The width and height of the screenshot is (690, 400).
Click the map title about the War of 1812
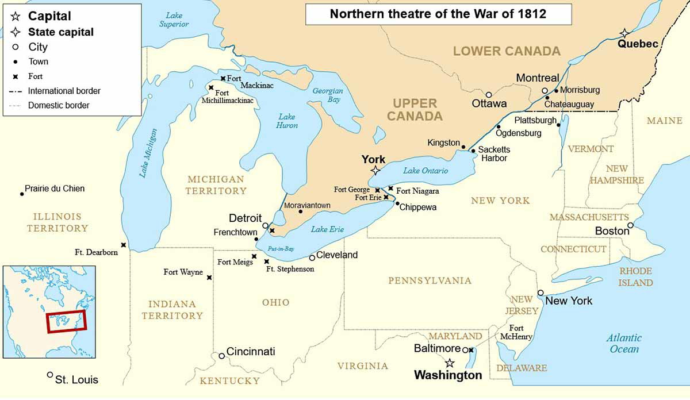[x=438, y=14]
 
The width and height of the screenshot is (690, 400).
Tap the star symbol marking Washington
[x=450, y=363]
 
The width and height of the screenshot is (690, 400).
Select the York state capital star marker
[x=375, y=170]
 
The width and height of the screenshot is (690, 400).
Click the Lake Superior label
[x=174, y=20]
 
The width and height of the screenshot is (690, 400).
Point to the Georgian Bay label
[x=327, y=95]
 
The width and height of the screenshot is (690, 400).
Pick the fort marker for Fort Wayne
[x=209, y=278]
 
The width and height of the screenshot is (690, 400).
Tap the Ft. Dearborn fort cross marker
[x=124, y=245]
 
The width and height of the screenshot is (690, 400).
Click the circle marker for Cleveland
[x=312, y=257]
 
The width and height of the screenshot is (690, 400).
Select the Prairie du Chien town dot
[x=22, y=194]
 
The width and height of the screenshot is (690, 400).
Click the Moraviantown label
[x=308, y=205]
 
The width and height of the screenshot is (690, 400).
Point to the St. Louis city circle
[x=50, y=375]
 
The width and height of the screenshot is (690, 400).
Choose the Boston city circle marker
[x=630, y=225]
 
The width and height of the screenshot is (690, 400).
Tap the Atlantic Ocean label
[x=624, y=343]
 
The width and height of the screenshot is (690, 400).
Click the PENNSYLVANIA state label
[x=430, y=280]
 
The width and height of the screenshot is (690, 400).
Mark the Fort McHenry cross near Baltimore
[x=471, y=349]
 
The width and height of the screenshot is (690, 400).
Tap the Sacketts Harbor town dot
[x=473, y=151]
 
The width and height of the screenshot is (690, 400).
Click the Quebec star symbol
[x=624, y=33]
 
